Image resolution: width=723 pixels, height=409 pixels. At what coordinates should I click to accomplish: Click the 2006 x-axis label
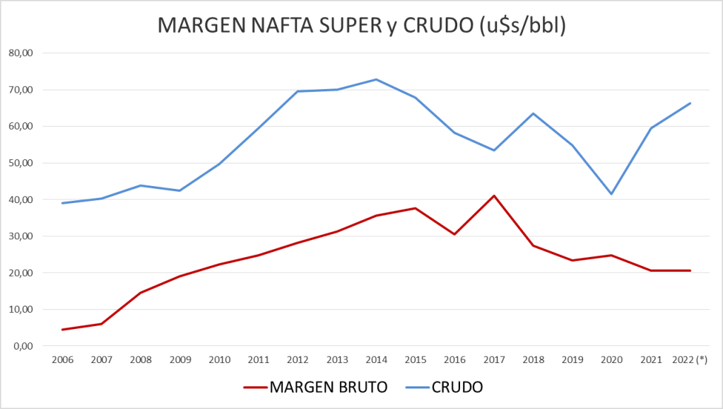pos(62,359)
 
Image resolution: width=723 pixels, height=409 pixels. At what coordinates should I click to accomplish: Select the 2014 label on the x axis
pos(376,359)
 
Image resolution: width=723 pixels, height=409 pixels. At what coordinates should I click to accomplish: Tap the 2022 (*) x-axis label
pos(690,359)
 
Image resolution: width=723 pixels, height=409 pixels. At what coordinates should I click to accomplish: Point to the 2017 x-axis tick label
pos(493,359)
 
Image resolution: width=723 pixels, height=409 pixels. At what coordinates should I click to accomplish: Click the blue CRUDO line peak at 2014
pos(376,79)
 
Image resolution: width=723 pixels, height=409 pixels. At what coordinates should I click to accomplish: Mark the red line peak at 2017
pos(493,195)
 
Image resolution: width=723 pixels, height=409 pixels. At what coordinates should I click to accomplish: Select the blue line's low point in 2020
pos(611,194)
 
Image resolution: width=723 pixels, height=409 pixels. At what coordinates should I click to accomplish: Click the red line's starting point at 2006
pos(62,330)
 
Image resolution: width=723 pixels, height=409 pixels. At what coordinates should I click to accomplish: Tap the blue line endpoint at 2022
pos(690,103)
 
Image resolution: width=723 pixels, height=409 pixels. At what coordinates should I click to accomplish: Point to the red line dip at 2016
pos(454,234)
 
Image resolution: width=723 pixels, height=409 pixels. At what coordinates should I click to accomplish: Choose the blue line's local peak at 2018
pos(533,113)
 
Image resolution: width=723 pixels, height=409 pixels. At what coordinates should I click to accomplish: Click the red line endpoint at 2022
pos(690,270)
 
